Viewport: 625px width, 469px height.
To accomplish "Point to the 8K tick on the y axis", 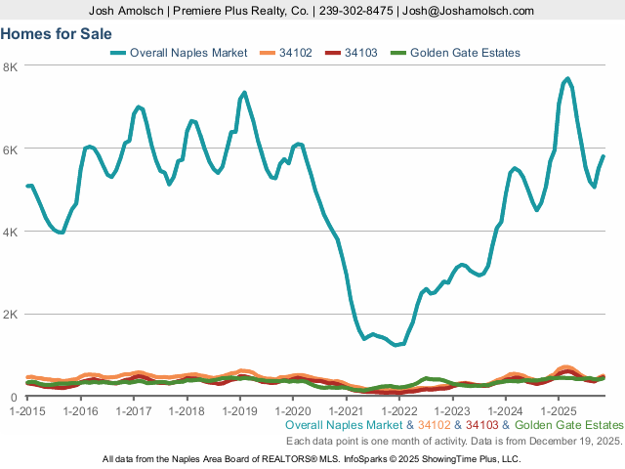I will click(x=11, y=66).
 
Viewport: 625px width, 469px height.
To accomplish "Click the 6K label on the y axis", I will click(x=11, y=149).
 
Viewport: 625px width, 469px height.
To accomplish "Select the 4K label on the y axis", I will click(x=11, y=233).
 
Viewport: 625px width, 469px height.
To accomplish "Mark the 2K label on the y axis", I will click(x=11, y=315).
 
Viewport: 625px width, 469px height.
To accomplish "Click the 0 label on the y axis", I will click(x=15, y=397).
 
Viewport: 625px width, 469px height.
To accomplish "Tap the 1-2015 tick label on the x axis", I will click(x=26, y=410).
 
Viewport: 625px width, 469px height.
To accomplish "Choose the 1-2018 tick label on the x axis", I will click(x=187, y=410).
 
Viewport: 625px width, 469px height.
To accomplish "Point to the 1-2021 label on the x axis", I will click(x=346, y=410).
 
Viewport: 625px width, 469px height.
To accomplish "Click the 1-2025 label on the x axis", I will click(x=558, y=410).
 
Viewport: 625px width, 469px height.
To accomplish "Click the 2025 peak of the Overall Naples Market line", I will click(x=567, y=79).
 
